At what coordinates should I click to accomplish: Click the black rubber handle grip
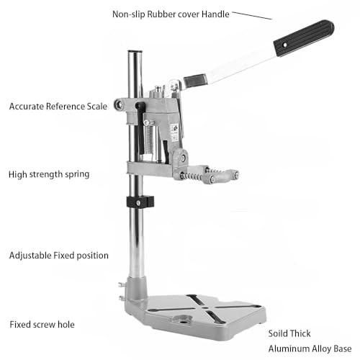[304, 38]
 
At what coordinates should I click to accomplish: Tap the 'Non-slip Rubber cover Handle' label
[171, 14]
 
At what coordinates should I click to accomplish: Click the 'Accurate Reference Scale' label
[58, 107]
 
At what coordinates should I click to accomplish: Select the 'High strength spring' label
[49, 174]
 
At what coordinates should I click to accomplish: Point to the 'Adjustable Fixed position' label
[59, 256]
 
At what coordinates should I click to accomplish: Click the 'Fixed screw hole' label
[42, 325]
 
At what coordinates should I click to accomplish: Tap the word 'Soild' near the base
[278, 333]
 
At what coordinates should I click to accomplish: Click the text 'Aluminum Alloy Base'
[310, 348]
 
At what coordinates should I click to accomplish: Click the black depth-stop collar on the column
[140, 202]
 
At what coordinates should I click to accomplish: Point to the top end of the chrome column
[135, 51]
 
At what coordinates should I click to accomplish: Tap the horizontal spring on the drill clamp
[192, 176]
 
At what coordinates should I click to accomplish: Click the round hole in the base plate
[184, 320]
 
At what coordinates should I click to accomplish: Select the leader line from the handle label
[252, 15]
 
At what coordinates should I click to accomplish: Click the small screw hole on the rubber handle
[284, 45]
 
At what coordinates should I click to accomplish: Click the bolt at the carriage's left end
[119, 104]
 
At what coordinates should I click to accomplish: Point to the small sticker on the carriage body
[174, 132]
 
